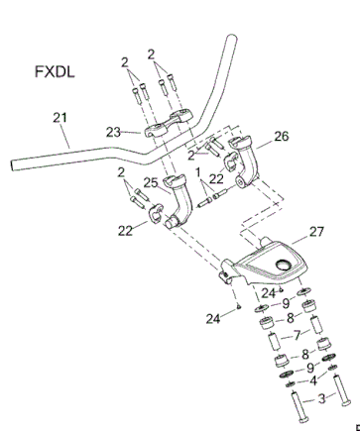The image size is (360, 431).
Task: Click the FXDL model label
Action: pyautogui.click(x=55, y=71)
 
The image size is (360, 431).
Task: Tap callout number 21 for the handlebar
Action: pyautogui.click(x=60, y=118)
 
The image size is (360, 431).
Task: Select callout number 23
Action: pyautogui.click(x=113, y=133)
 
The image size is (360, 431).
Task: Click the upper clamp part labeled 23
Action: pyautogui.click(x=169, y=124)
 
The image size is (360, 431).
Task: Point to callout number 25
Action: pyautogui.click(x=151, y=182)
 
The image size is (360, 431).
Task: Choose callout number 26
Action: pyautogui.click(x=282, y=136)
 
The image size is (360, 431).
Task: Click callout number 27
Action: pyautogui.click(x=316, y=232)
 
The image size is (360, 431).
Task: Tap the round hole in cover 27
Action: pyautogui.click(x=284, y=265)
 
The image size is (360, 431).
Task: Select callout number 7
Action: pyautogui.click(x=298, y=335)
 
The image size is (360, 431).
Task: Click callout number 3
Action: pyautogui.click(x=321, y=398)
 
